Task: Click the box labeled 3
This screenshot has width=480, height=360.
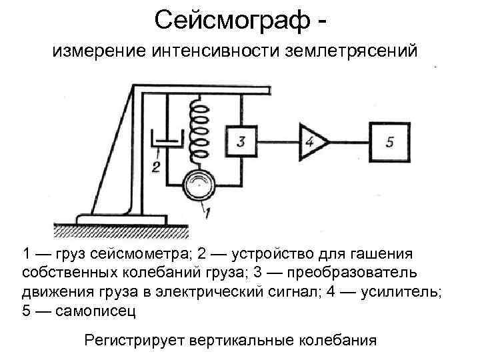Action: (241, 141)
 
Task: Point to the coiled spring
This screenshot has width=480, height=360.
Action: (199, 133)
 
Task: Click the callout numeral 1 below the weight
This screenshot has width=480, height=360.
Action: (207, 213)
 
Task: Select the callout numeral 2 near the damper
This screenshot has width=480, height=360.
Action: (156, 167)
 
